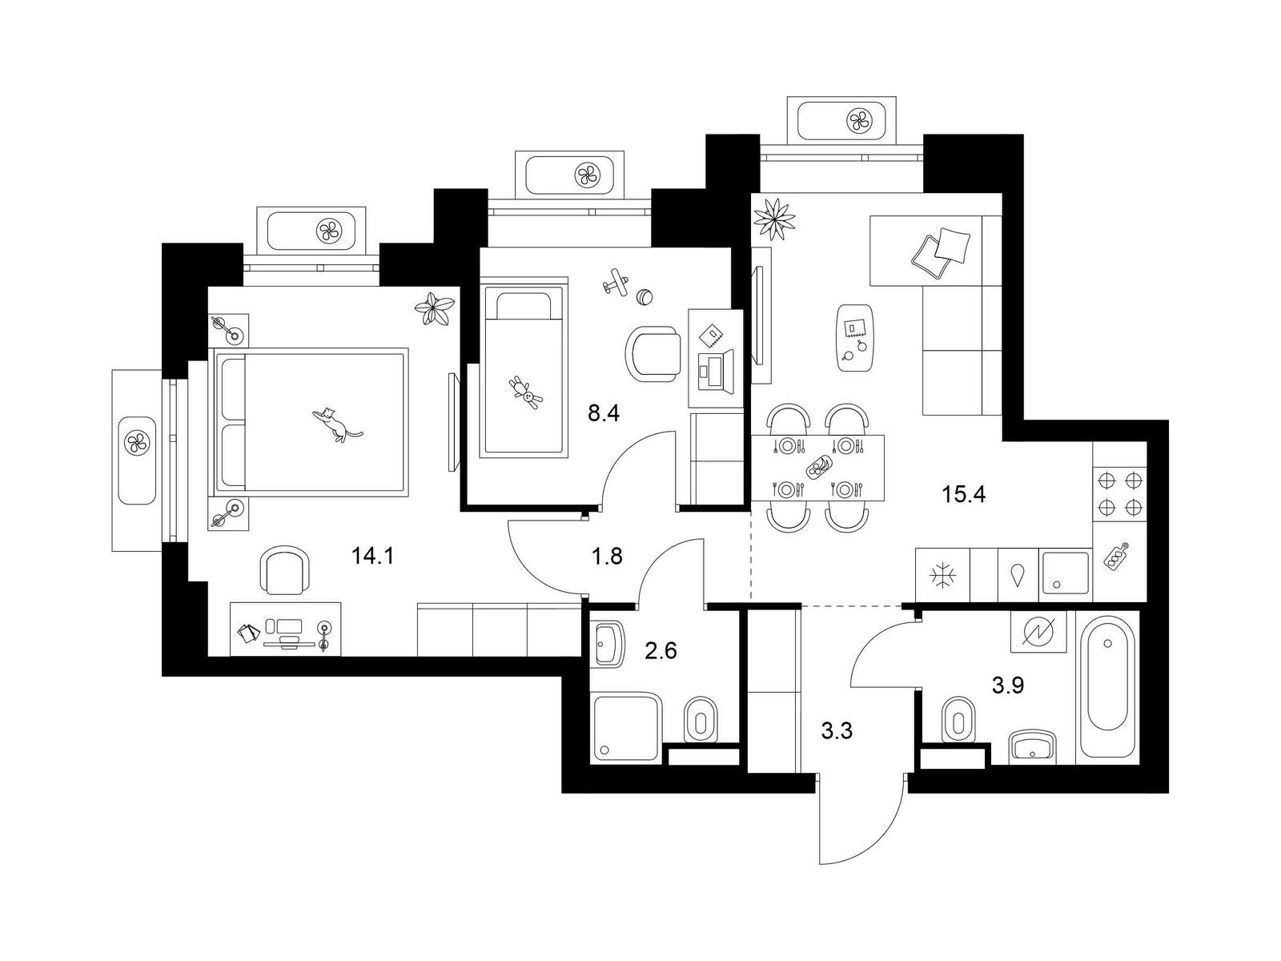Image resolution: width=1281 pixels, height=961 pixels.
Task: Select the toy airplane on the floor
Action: tap(615, 283)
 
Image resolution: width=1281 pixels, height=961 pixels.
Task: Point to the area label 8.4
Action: tap(604, 414)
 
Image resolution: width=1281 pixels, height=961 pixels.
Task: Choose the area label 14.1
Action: tap(372, 556)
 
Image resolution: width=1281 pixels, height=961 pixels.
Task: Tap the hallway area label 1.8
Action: tap(607, 557)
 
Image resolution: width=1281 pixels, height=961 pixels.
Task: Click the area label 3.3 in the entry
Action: tap(837, 730)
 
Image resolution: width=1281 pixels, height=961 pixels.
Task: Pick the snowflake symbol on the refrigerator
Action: tap(942, 577)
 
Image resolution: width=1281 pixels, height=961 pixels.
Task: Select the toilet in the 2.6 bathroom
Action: tap(701, 719)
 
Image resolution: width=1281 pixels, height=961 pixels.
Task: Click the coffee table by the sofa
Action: tap(856, 338)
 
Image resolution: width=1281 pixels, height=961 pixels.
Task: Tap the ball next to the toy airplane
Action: tap(645, 297)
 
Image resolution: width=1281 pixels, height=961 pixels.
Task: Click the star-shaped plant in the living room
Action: tap(774, 219)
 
